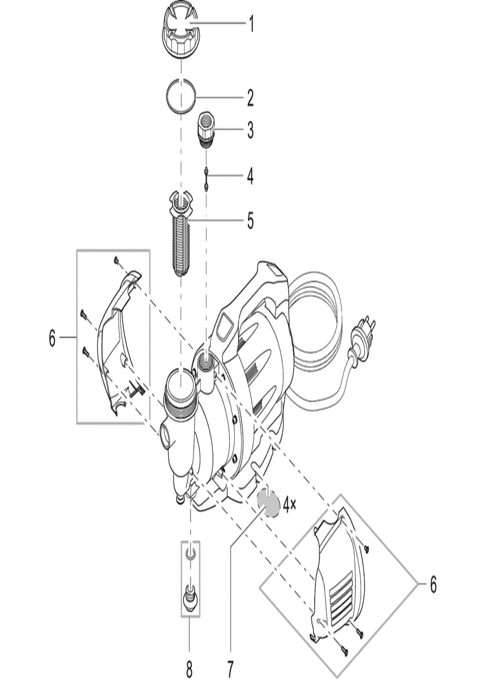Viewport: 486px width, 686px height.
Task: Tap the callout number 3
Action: coord(250,130)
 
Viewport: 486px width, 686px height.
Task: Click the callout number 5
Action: coord(251,221)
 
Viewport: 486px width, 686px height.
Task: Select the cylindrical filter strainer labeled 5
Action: coord(181,234)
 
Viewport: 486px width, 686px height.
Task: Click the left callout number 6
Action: coord(52,338)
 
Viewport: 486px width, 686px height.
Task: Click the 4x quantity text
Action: coord(290,504)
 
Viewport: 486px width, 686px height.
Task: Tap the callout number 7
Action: coord(230,668)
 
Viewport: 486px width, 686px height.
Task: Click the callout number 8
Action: coord(189,668)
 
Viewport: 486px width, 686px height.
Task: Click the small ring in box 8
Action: coord(190,553)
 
